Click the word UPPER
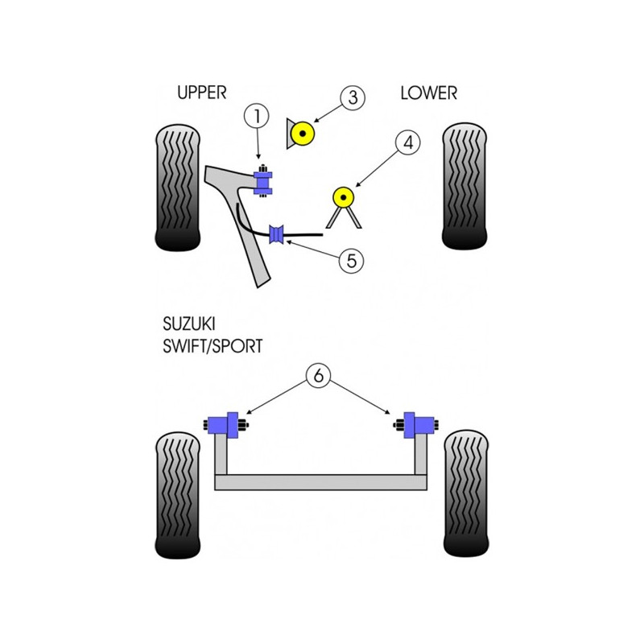tap(202, 93)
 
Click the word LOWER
tap(429, 93)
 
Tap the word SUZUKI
tap(189, 324)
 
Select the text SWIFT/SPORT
tap(213, 346)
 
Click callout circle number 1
tap(257, 116)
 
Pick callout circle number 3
tap(353, 97)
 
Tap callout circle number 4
tap(408, 142)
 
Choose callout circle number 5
tap(351, 260)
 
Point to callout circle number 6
tap(318, 375)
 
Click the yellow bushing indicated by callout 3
tap(303, 134)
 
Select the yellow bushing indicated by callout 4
tap(344, 198)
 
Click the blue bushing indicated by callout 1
tap(263, 180)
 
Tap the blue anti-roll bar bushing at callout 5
tap(276, 234)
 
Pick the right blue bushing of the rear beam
tap(415, 425)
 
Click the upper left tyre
tap(178, 188)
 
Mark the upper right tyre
tap(464, 186)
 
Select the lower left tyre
tap(178, 495)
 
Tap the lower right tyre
tap(466, 493)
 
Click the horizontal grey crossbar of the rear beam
tap(320, 482)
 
